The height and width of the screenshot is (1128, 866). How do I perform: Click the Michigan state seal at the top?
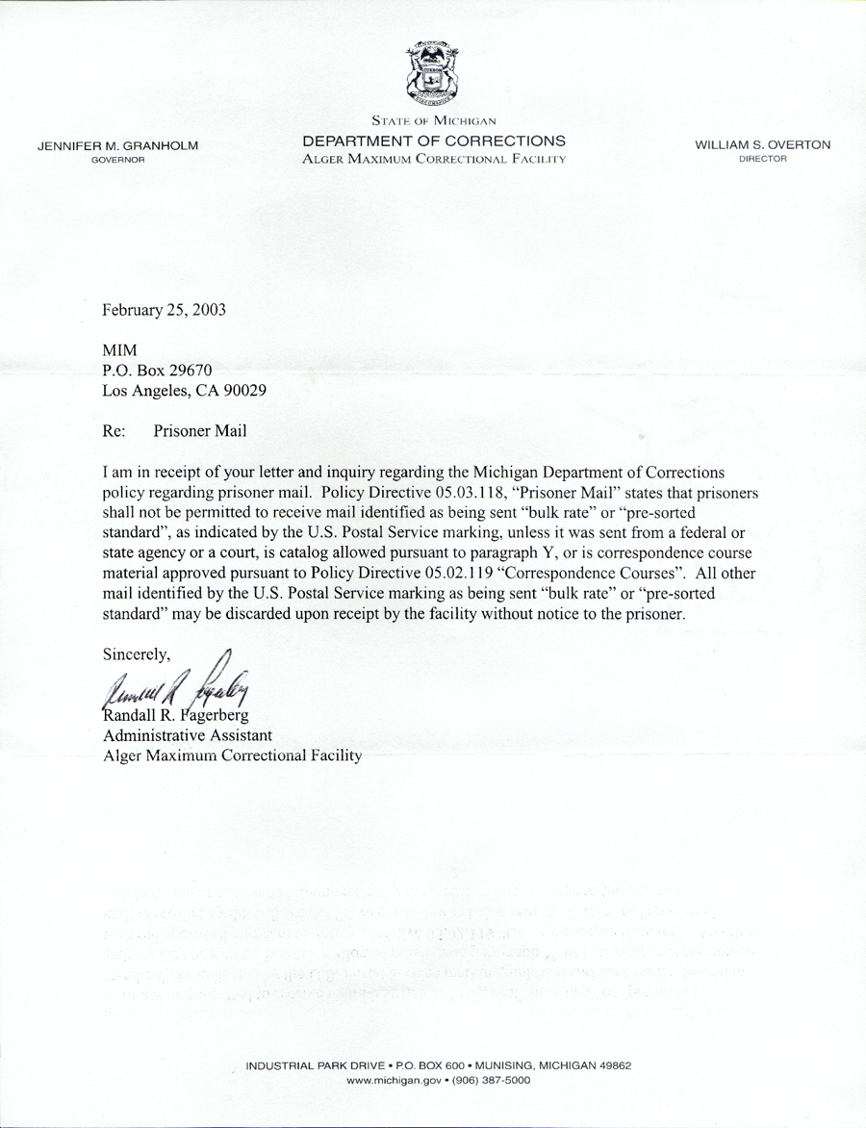coord(432,74)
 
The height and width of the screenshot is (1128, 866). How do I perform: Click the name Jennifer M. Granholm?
coord(117,145)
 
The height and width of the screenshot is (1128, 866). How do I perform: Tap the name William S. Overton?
coord(763,145)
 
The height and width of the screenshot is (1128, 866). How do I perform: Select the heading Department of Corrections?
coord(434,141)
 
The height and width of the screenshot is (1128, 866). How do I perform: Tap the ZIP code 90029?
coord(244,391)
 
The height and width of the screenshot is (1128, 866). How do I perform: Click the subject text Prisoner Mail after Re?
coord(199,431)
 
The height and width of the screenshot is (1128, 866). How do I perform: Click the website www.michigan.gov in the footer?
coord(395,1081)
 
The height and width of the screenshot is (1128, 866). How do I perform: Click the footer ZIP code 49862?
coord(612,1066)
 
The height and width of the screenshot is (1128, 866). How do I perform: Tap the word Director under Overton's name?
coord(763,159)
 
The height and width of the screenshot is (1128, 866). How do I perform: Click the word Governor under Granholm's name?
coord(117,159)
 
